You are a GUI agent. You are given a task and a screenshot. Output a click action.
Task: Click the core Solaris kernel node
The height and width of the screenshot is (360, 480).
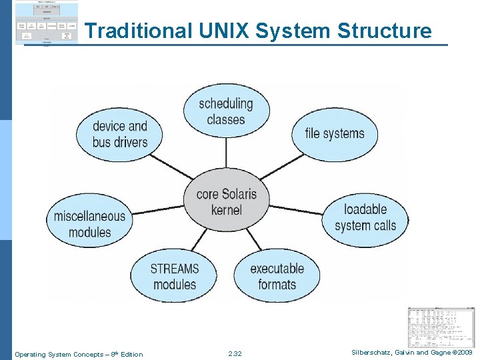click(x=226, y=202)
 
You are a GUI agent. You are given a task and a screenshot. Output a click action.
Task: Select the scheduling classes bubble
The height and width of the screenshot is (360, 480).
click(x=226, y=111)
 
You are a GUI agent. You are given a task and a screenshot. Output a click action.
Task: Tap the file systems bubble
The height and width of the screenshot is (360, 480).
click(x=334, y=133)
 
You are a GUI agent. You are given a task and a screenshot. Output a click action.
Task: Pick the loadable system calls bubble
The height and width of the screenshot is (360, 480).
click(x=365, y=217)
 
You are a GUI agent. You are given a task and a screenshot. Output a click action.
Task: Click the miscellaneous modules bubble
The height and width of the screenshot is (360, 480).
click(x=89, y=224)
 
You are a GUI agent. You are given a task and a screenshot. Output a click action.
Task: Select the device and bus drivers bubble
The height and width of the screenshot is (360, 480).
click(x=120, y=134)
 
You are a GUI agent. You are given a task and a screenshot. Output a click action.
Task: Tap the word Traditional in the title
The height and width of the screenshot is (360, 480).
click(x=138, y=31)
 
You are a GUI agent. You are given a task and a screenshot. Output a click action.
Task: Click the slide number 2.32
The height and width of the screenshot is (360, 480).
click(x=235, y=354)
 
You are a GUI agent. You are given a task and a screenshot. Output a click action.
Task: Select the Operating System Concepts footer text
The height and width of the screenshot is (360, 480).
click(x=79, y=354)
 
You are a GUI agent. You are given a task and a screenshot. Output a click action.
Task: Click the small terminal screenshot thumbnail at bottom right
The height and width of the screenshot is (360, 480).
click(x=441, y=327)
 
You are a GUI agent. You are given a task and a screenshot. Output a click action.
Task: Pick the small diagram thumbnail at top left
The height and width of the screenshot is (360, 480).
click(x=46, y=23)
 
